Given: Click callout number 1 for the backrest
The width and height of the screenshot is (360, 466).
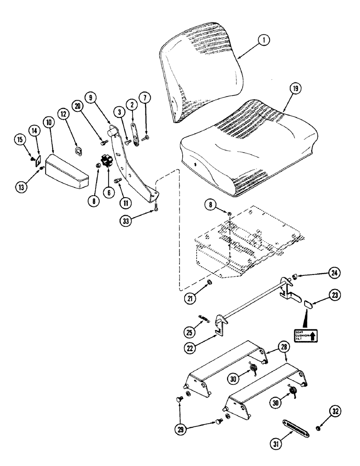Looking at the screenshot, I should (x=263, y=41).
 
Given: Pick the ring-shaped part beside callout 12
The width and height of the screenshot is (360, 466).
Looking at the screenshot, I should (x=79, y=150).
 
